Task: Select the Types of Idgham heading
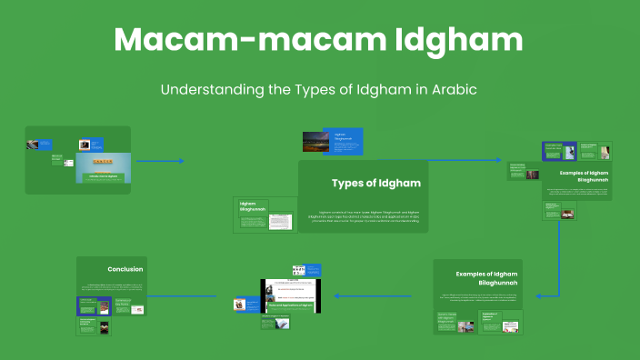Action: click(x=375, y=183)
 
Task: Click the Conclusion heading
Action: click(x=125, y=269)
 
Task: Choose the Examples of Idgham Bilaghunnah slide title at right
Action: click(x=583, y=175)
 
